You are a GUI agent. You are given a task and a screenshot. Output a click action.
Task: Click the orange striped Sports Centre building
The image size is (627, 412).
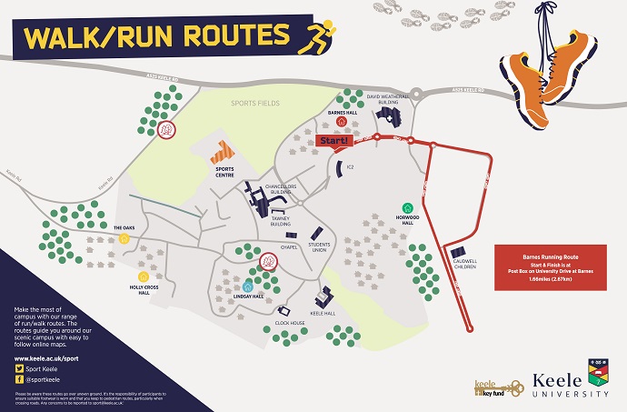(224, 149)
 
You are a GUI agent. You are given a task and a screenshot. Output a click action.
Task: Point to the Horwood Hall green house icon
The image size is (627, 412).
(406, 206)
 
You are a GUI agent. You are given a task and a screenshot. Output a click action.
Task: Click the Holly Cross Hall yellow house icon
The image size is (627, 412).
(142, 276)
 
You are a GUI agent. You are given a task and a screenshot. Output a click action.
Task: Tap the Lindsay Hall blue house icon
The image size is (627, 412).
(248, 286)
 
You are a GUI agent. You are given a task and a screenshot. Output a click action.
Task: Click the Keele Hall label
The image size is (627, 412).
(323, 312)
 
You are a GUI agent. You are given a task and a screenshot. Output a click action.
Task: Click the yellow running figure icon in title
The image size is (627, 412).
(318, 35)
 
